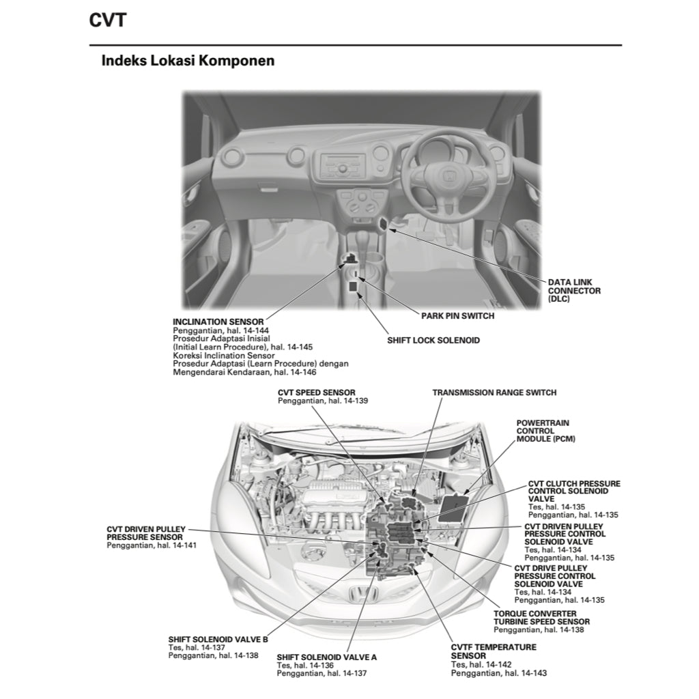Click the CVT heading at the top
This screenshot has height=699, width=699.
[x=108, y=20]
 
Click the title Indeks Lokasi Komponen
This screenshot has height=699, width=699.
[x=188, y=61]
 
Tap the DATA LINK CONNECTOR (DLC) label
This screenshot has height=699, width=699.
[x=574, y=290]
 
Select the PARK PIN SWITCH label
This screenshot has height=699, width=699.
[x=457, y=316]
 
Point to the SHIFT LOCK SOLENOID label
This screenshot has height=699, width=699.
[x=433, y=340]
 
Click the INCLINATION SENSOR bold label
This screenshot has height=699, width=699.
[x=218, y=322]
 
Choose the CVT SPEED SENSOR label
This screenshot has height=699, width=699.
[x=316, y=393]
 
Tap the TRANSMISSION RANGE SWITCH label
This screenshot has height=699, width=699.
[x=494, y=393]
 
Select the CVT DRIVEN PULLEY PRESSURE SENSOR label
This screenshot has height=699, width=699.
[x=145, y=533]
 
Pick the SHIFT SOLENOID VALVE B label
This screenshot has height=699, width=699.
[x=218, y=639]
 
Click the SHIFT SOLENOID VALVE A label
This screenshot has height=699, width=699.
[x=326, y=657]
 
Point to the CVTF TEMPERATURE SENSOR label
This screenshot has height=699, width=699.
[x=494, y=651]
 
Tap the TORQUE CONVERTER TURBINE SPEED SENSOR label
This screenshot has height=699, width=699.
[x=541, y=618]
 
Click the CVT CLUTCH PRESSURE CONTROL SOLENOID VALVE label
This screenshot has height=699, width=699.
[x=573, y=491]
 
